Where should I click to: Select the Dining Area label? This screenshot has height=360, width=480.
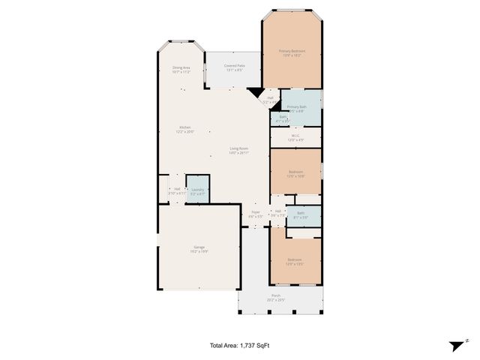click(x=181, y=70)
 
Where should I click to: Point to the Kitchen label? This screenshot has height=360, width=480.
click(x=184, y=130)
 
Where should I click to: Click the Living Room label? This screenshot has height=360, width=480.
click(x=238, y=151)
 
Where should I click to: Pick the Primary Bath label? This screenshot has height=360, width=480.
click(x=296, y=107)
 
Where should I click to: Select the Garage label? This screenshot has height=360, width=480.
click(x=199, y=249)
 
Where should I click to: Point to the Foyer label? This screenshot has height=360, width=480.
click(x=256, y=214)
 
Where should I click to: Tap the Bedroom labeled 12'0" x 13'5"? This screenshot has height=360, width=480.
click(x=295, y=261)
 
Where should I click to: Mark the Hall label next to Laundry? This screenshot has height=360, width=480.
click(x=177, y=190)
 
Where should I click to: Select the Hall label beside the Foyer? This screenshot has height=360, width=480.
click(x=277, y=212)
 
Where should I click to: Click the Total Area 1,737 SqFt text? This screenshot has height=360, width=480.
click(x=239, y=346)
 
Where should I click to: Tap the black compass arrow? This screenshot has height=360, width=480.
click(x=455, y=346)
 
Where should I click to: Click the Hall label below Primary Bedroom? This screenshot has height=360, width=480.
click(x=269, y=100)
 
